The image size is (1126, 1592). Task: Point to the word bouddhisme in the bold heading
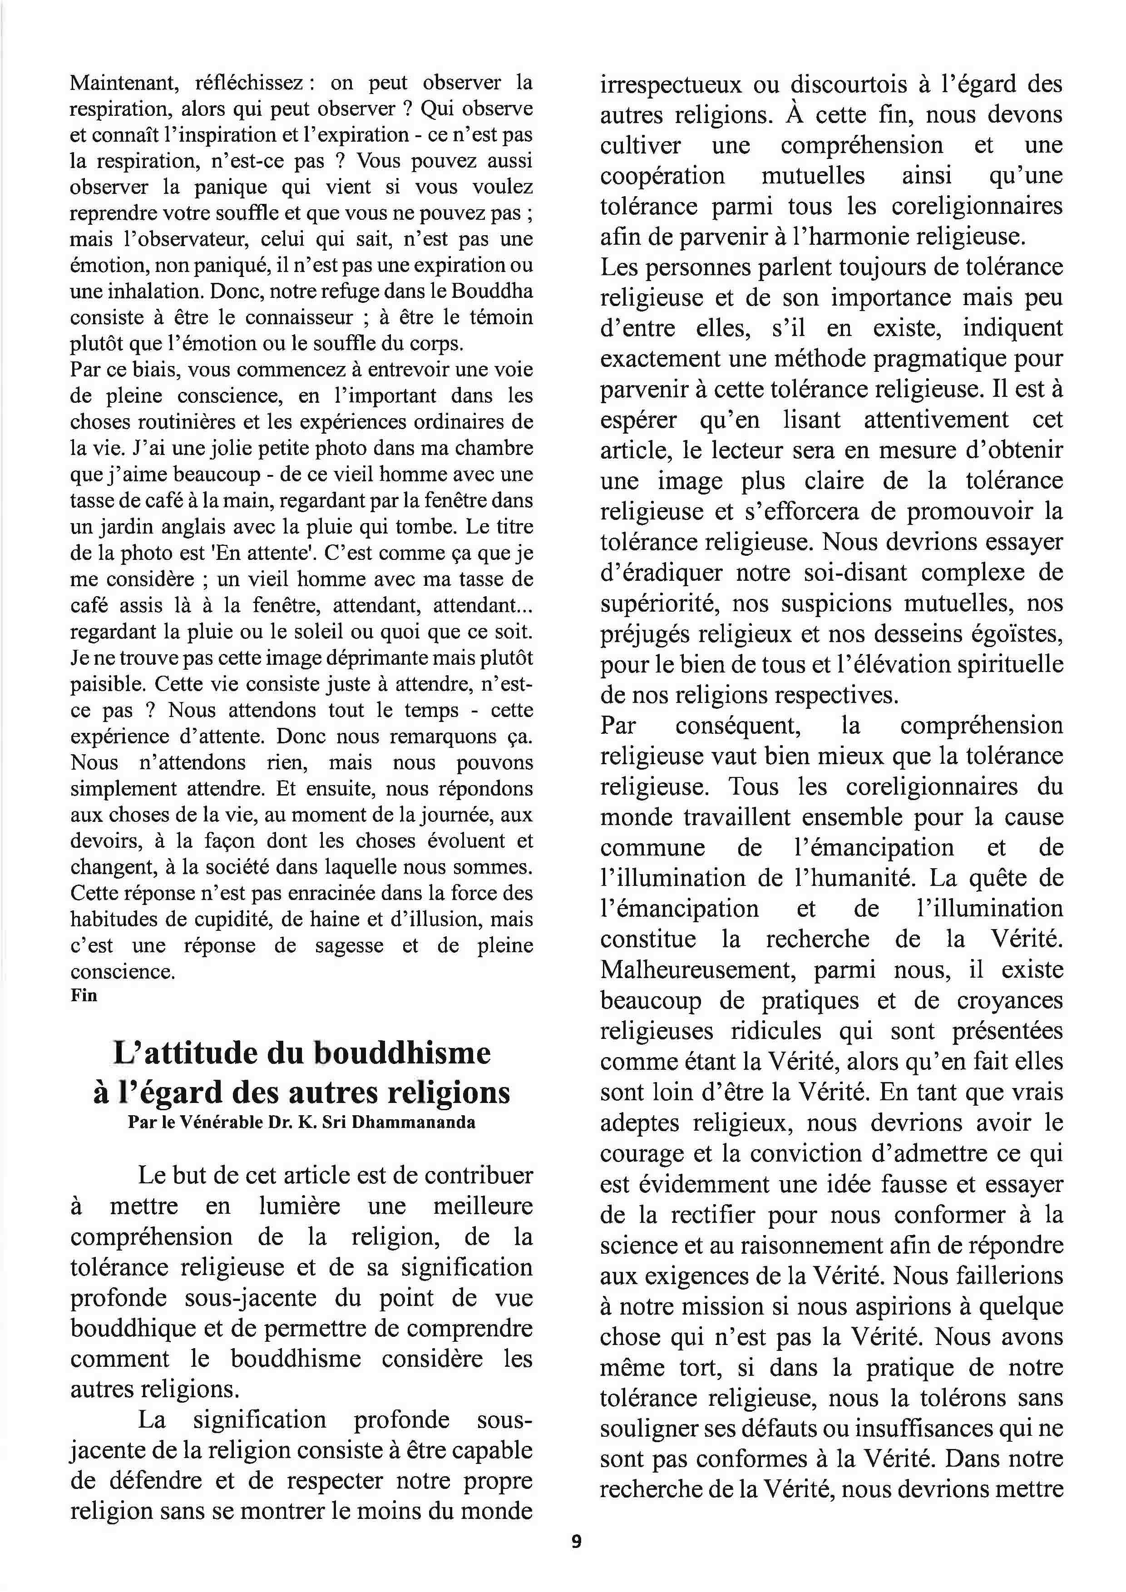[402, 1054]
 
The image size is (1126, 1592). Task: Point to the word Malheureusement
[696, 970]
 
